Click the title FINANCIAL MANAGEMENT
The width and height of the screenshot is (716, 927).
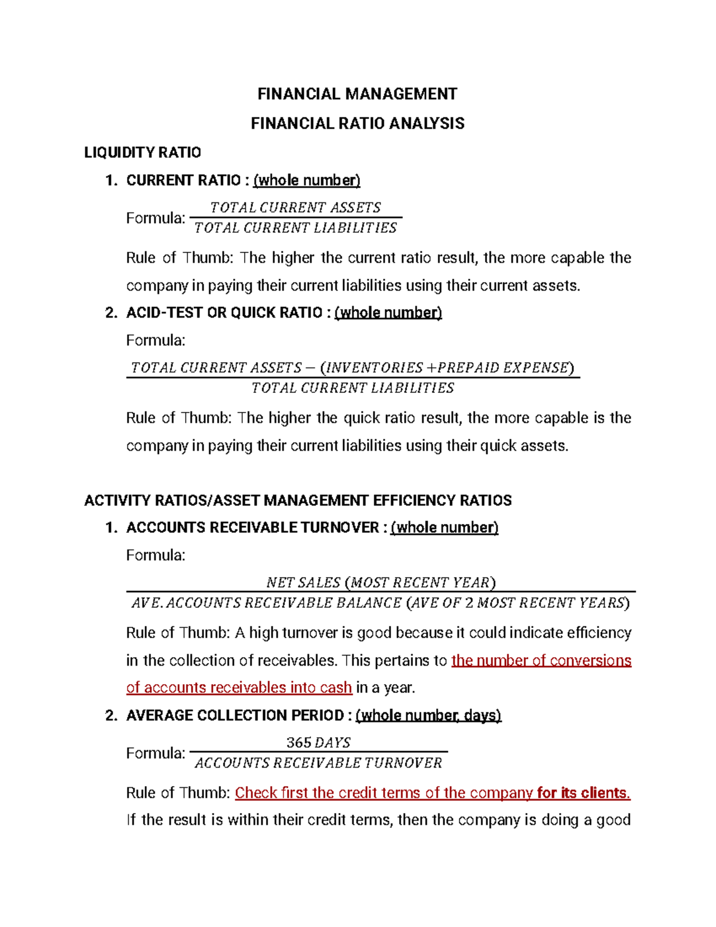click(x=357, y=94)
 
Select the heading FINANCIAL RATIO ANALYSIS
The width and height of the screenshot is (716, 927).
click(x=357, y=124)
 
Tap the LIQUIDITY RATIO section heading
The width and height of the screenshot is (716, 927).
click(x=143, y=153)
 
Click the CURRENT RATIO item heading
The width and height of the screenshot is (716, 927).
click(x=183, y=180)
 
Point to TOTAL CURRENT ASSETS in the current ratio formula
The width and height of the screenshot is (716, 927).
click(x=295, y=208)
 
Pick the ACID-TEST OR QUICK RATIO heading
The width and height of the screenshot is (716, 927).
click(x=224, y=313)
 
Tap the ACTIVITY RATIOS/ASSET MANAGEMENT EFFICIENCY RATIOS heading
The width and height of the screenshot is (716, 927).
click(x=298, y=500)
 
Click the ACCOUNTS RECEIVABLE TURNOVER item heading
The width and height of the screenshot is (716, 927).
click(x=252, y=528)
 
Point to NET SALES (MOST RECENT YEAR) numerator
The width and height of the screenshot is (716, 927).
click(x=381, y=583)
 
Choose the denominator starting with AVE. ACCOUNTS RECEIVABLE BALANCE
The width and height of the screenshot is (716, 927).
click(x=381, y=603)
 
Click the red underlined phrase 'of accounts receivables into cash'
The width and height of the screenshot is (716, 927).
click(x=239, y=688)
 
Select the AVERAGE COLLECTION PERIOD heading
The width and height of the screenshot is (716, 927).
click(x=234, y=715)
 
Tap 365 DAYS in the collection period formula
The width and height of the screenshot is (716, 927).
click(x=318, y=743)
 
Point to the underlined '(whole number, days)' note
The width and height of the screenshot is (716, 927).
click(x=428, y=715)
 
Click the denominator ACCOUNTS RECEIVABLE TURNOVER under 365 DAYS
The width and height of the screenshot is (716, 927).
click(x=318, y=763)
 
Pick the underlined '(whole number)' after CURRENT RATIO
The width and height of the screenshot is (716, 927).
click(x=307, y=180)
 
